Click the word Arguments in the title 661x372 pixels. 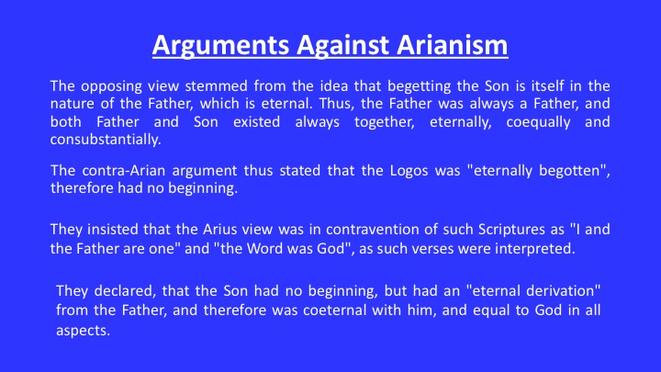click(x=221, y=46)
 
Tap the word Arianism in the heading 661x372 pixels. click(x=453, y=45)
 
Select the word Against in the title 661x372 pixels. click(x=342, y=46)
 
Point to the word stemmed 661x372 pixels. click(x=217, y=86)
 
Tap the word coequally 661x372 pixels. click(x=538, y=123)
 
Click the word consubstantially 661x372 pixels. click(x=106, y=140)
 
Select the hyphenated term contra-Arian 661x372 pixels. click(x=118, y=171)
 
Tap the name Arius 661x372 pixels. click(x=216, y=230)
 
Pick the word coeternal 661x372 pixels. click(x=335, y=310)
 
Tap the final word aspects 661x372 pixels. click(x=83, y=331)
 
